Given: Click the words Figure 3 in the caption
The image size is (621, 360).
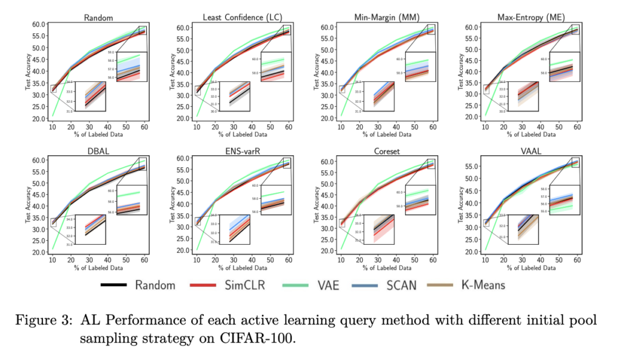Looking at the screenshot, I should pyautogui.click(x=45, y=321).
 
